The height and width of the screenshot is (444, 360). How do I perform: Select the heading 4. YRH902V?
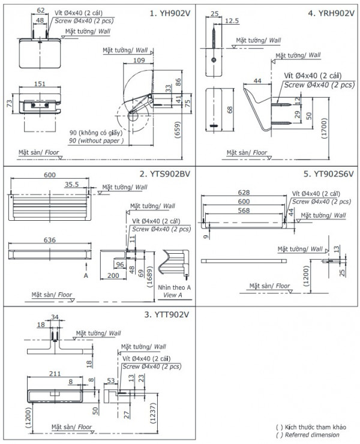329,12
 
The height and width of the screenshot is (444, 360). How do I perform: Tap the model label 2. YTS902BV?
165,174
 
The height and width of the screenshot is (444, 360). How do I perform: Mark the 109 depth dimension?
138,61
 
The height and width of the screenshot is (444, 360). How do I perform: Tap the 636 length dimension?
50,240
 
